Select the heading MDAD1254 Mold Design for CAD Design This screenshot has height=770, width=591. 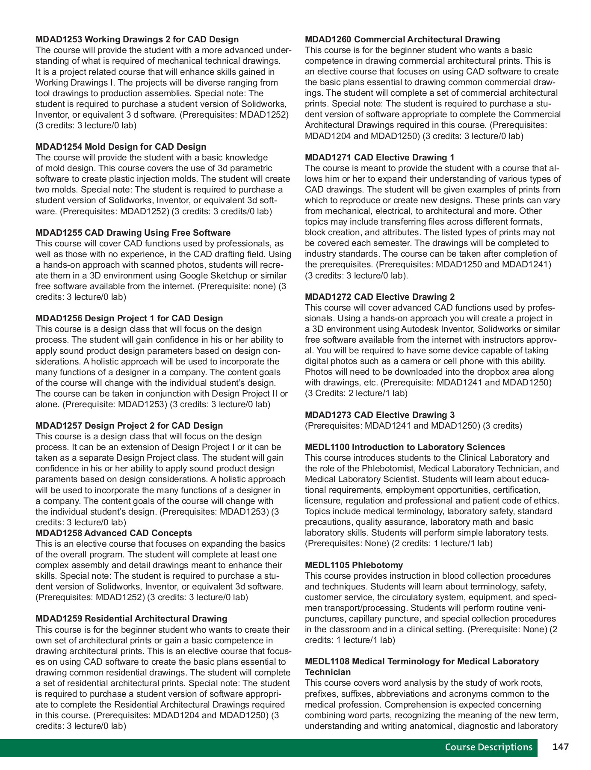coord(121,147)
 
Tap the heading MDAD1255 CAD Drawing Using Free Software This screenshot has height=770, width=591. coord(133,233)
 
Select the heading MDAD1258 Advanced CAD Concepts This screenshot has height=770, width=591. coord(114,533)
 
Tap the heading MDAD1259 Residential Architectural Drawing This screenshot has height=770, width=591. coord(131,619)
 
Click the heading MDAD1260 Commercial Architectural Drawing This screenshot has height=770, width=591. coord(402,39)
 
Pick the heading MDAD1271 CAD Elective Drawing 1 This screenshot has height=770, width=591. coord(379,157)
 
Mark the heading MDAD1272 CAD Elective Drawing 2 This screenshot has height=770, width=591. coord(379,297)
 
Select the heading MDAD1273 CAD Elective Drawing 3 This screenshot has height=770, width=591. coord(379,415)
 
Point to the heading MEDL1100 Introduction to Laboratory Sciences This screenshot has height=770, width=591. coord(405,447)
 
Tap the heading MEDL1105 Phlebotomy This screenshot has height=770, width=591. coord(354,565)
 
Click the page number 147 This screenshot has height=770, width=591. coord(560,747)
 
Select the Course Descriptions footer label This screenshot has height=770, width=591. coord(488,747)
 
